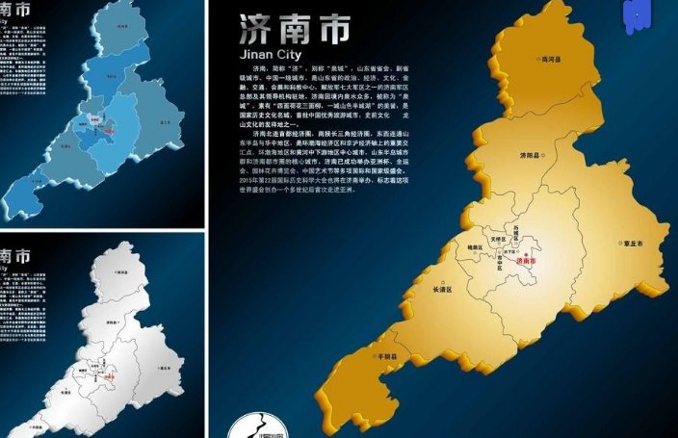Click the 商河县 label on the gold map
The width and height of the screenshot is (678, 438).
[x=551, y=60]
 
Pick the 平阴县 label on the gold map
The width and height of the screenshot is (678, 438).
[x=387, y=356]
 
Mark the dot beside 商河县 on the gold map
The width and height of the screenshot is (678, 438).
[x=536, y=60]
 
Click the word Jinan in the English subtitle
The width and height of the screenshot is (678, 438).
[x=257, y=55]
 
